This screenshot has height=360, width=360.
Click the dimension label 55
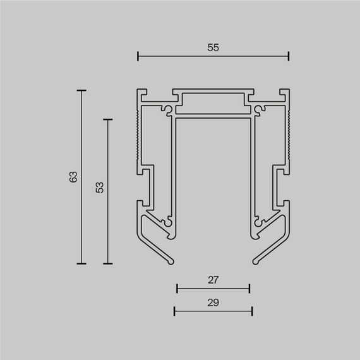click(213, 47)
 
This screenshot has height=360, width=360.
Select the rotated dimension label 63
click(73, 177)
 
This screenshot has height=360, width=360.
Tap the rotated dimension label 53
click(100, 188)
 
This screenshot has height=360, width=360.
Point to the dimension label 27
click(213, 278)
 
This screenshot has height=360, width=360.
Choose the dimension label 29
click(213, 303)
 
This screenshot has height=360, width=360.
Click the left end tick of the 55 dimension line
click(138, 57)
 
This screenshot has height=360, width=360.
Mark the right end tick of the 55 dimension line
click(289, 57)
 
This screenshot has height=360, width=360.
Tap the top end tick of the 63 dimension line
click(81, 91)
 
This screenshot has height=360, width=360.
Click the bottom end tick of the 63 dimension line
click(81, 263)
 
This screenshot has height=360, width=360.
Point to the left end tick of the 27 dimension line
click(177, 289)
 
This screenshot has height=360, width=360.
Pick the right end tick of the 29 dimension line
click(252, 311)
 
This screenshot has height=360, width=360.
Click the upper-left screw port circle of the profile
click(167, 110)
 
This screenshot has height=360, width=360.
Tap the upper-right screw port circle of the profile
click(259, 110)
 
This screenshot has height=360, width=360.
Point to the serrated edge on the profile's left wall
click(138, 136)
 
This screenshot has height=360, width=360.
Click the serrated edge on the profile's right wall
click(289, 136)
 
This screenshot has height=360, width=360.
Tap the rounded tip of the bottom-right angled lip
click(256, 259)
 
